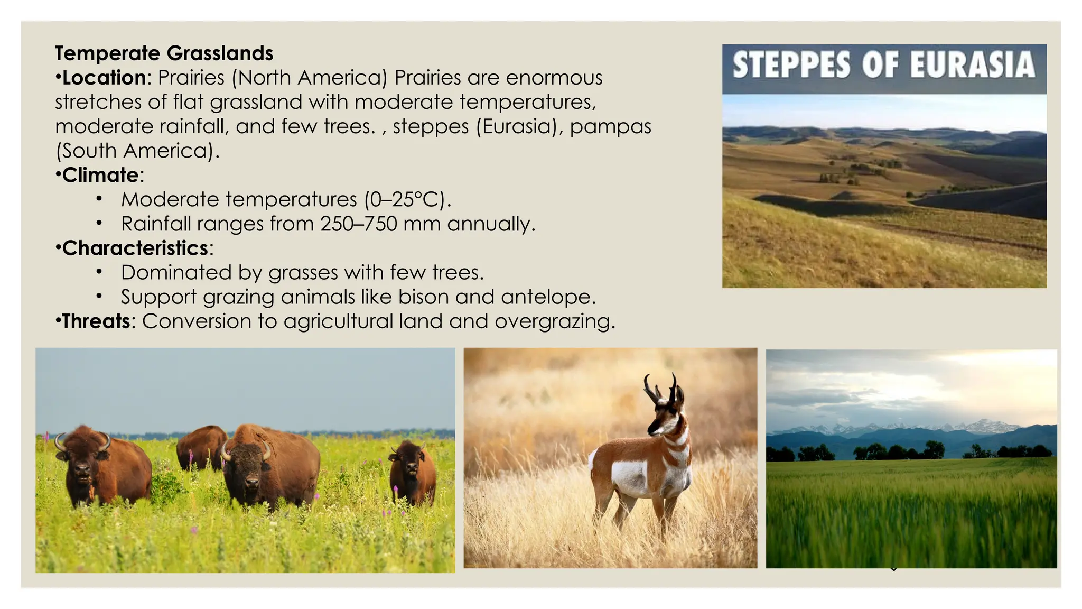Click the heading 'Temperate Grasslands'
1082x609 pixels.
164,53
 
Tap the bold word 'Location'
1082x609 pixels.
104,78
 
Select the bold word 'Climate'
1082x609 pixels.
100,175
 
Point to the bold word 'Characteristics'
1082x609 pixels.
135,248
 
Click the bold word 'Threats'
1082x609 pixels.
96,321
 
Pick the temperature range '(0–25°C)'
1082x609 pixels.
407,199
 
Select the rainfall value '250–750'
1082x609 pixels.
358,224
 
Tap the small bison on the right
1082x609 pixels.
412,473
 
